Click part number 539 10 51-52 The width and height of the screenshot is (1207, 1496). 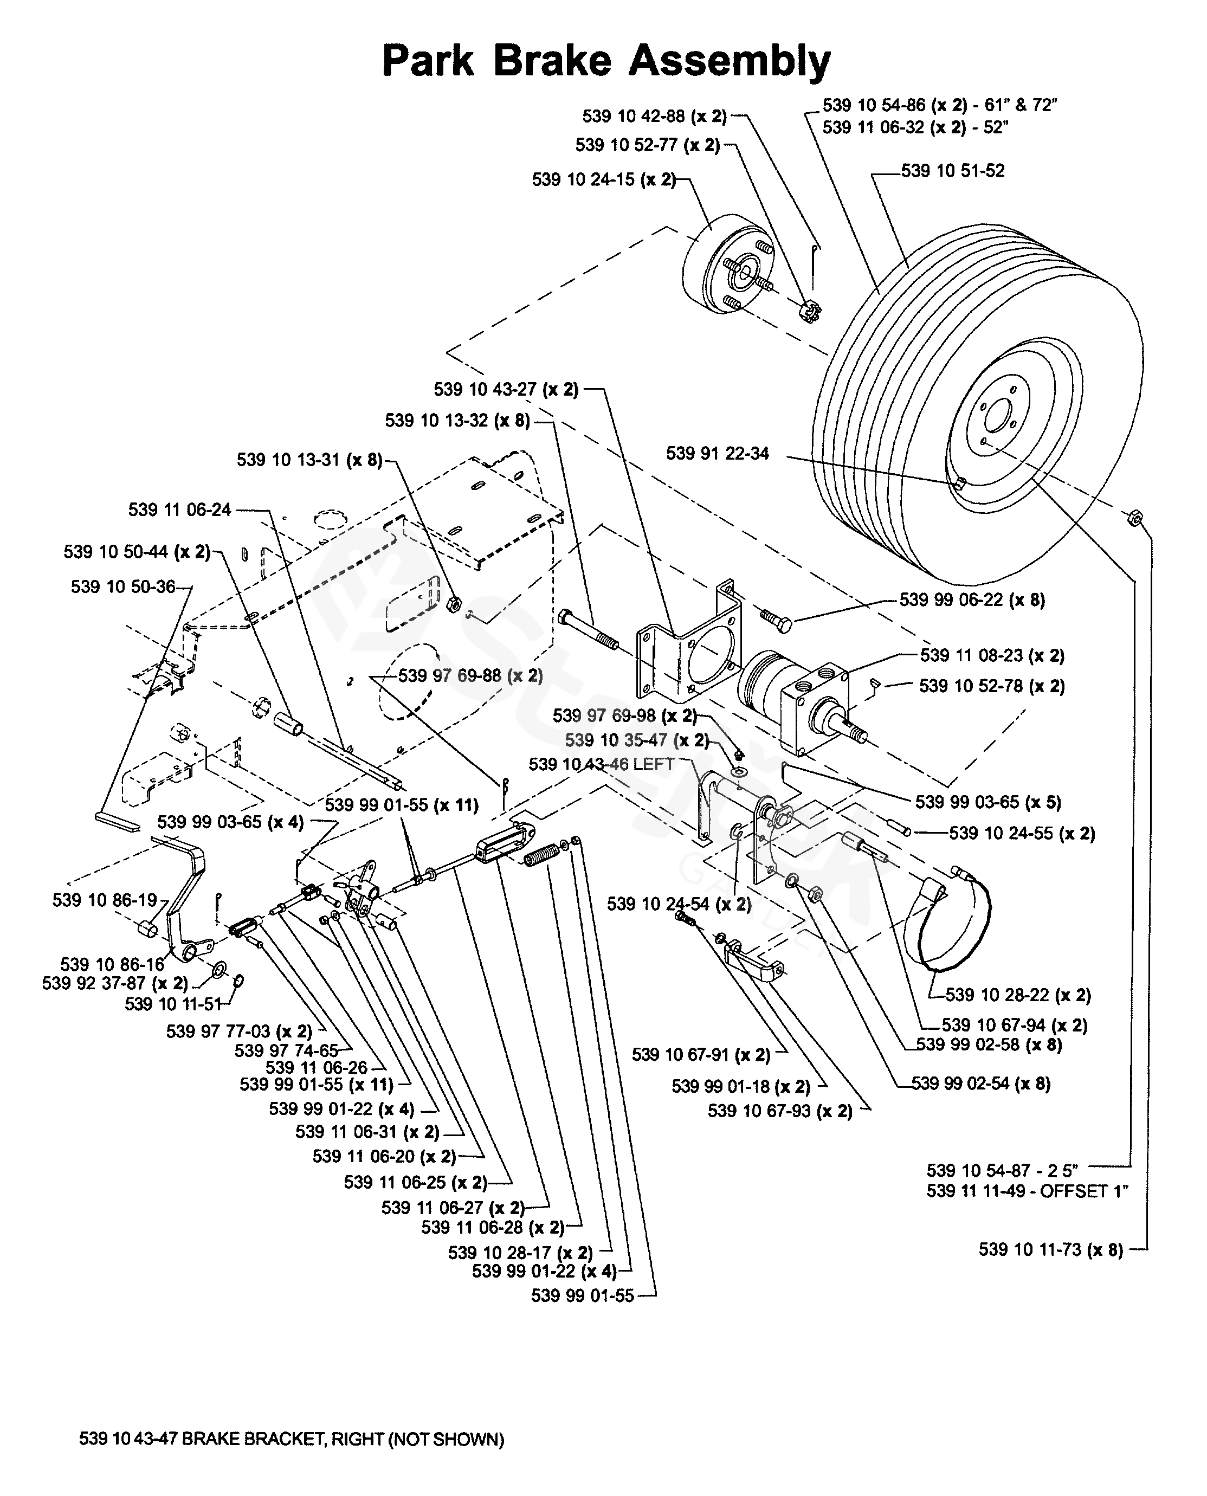(x=952, y=171)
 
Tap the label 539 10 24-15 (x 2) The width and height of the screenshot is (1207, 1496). (x=604, y=179)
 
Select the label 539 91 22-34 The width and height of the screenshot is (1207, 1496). (x=718, y=453)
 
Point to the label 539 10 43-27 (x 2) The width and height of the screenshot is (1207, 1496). (x=506, y=389)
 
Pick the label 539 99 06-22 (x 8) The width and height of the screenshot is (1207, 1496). (x=972, y=600)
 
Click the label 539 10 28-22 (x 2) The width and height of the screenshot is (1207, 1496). (x=1018, y=995)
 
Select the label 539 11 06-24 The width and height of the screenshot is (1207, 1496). (x=179, y=510)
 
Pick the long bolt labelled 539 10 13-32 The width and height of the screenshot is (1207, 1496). (x=588, y=629)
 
